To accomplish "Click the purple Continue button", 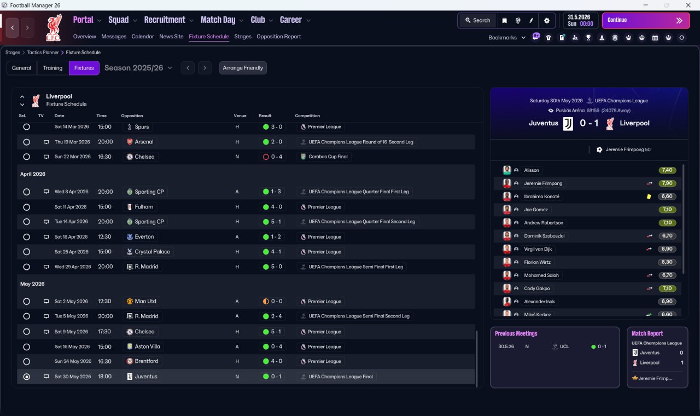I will (x=645, y=20).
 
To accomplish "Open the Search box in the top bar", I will (x=477, y=20).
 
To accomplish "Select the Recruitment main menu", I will (x=165, y=20).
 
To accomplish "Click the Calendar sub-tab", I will (x=143, y=37).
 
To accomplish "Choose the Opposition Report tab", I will (x=278, y=37).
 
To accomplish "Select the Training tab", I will (x=52, y=68).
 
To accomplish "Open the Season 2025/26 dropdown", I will (x=138, y=68).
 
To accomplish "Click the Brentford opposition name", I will (x=146, y=361).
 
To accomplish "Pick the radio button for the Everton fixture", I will (x=26, y=237).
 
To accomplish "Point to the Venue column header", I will (x=240, y=116).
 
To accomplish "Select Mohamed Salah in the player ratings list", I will (x=541, y=275).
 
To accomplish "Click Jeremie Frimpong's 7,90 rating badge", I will (x=667, y=183).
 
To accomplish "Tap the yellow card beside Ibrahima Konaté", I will (x=649, y=197).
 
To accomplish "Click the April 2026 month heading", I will (x=33, y=174).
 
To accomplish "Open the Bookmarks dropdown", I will (x=507, y=38).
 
